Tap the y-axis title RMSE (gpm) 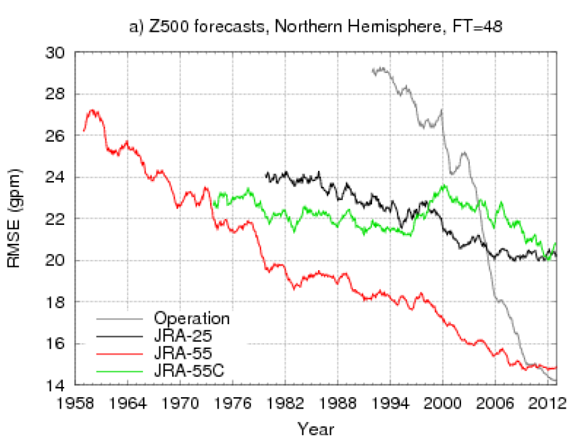coord(15,219)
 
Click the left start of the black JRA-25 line coord(265,173)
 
